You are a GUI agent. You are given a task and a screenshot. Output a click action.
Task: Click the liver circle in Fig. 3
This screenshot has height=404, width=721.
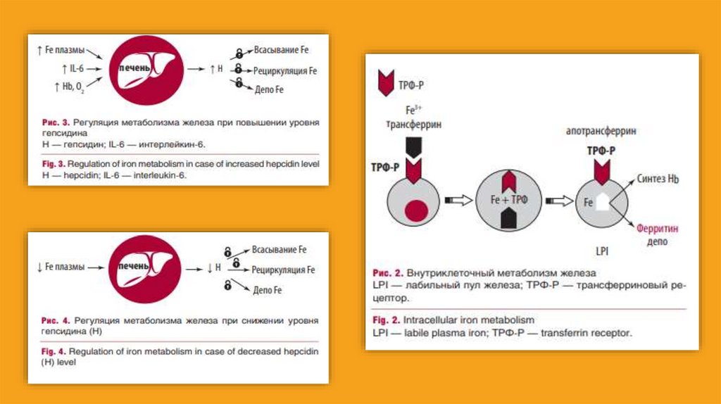147,69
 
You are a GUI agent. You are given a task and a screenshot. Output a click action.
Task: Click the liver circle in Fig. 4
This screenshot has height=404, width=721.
147,267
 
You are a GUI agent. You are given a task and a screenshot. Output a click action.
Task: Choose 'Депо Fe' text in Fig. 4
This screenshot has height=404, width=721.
267,290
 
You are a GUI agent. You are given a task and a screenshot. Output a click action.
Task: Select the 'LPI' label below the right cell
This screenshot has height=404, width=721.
602,250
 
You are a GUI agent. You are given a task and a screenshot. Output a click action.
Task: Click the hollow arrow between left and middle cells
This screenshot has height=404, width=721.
459,201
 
